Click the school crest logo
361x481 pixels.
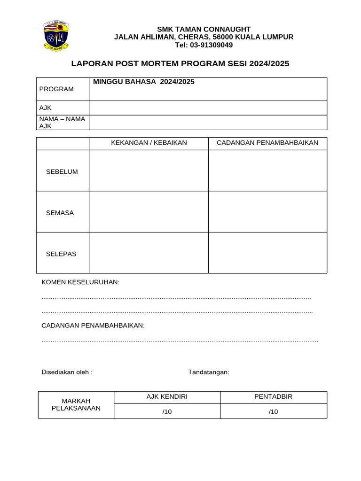pyautogui.click(x=56, y=35)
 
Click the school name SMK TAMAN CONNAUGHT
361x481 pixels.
pyautogui.click(x=204, y=29)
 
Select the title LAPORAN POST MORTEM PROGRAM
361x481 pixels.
pyautogui.click(x=180, y=63)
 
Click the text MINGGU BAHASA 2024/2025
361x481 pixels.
pyautogui.click(x=144, y=82)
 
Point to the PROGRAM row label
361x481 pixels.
pyautogui.click(x=56, y=89)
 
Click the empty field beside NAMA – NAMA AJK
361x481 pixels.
pyautogui.click(x=208, y=123)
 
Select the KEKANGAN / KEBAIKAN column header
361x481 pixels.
pyautogui.click(x=149, y=143)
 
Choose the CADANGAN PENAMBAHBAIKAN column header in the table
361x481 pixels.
pyautogui.click(x=267, y=143)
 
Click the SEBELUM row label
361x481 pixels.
pyautogui.click(x=62, y=171)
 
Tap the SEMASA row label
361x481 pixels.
pyautogui.click(x=60, y=213)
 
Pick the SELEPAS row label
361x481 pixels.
pyautogui.click(x=61, y=254)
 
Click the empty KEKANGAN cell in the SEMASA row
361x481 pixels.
pyautogui.click(x=149, y=212)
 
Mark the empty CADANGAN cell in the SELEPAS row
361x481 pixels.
pyautogui.click(x=267, y=253)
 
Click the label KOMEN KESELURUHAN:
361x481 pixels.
pyautogui.click(x=80, y=282)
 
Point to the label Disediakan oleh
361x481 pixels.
pyautogui.click(x=67, y=372)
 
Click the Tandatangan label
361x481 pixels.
pyautogui.click(x=209, y=372)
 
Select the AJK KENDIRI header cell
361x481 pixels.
pyautogui.click(x=167, y=397)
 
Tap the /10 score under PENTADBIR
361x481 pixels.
pyautogui.click(x=274, y=412)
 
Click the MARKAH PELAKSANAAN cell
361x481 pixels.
pyautogui.click(x=76, y=404)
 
